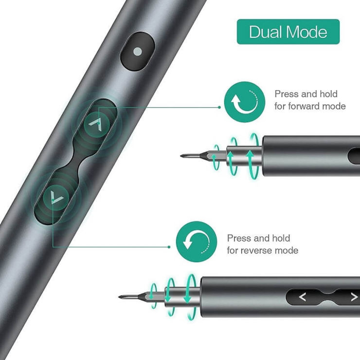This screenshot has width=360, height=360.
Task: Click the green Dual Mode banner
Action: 288,32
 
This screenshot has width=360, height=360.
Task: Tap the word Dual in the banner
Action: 266,32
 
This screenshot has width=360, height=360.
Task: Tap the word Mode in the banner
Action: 307,32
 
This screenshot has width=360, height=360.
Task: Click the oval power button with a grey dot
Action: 138,52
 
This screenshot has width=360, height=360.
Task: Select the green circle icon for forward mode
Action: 245,102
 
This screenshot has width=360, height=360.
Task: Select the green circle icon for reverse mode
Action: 197,242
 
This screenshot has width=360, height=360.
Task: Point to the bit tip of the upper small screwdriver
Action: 181,156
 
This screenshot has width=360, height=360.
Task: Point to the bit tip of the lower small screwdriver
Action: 119,297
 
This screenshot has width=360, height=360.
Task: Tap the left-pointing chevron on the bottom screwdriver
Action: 303,297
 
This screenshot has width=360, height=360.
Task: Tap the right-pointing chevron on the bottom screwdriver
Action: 354,297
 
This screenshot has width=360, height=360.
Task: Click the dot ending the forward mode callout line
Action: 219,107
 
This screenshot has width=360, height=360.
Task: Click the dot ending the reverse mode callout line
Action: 169,247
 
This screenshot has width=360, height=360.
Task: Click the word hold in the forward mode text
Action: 328,94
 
